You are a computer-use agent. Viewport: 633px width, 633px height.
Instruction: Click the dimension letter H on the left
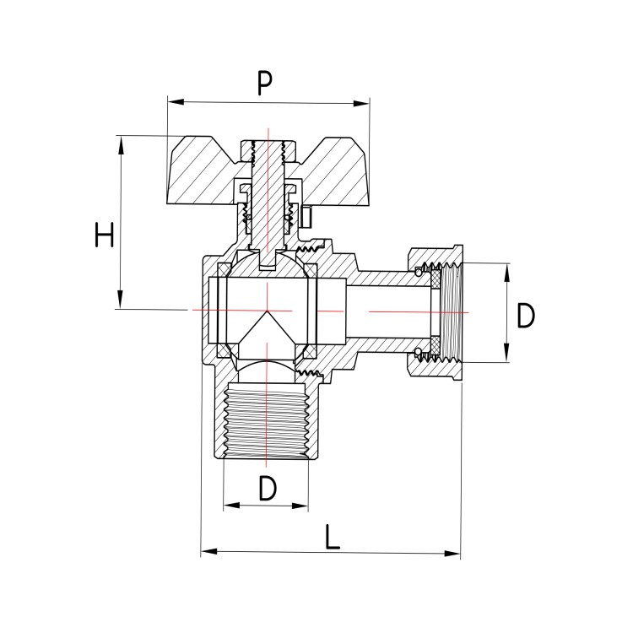coord(104,235)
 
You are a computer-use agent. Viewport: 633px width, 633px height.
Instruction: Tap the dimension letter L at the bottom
coord(333,536)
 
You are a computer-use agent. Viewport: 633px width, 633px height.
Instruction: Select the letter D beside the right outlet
coord(526,316)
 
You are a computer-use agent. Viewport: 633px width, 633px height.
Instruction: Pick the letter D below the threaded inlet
coord(267,489)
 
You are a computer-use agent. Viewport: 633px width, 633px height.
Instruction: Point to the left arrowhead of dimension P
coord(173,103)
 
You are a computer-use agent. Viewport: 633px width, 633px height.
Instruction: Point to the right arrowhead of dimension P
coord(365,104)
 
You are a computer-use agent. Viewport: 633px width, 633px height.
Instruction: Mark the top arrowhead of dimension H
coord(121,141)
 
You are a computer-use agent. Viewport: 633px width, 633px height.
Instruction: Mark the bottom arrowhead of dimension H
coord(121,303)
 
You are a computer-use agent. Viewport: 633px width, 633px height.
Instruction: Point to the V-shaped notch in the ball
coord(266,325)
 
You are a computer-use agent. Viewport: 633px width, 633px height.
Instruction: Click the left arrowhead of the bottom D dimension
coord(229,506)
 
